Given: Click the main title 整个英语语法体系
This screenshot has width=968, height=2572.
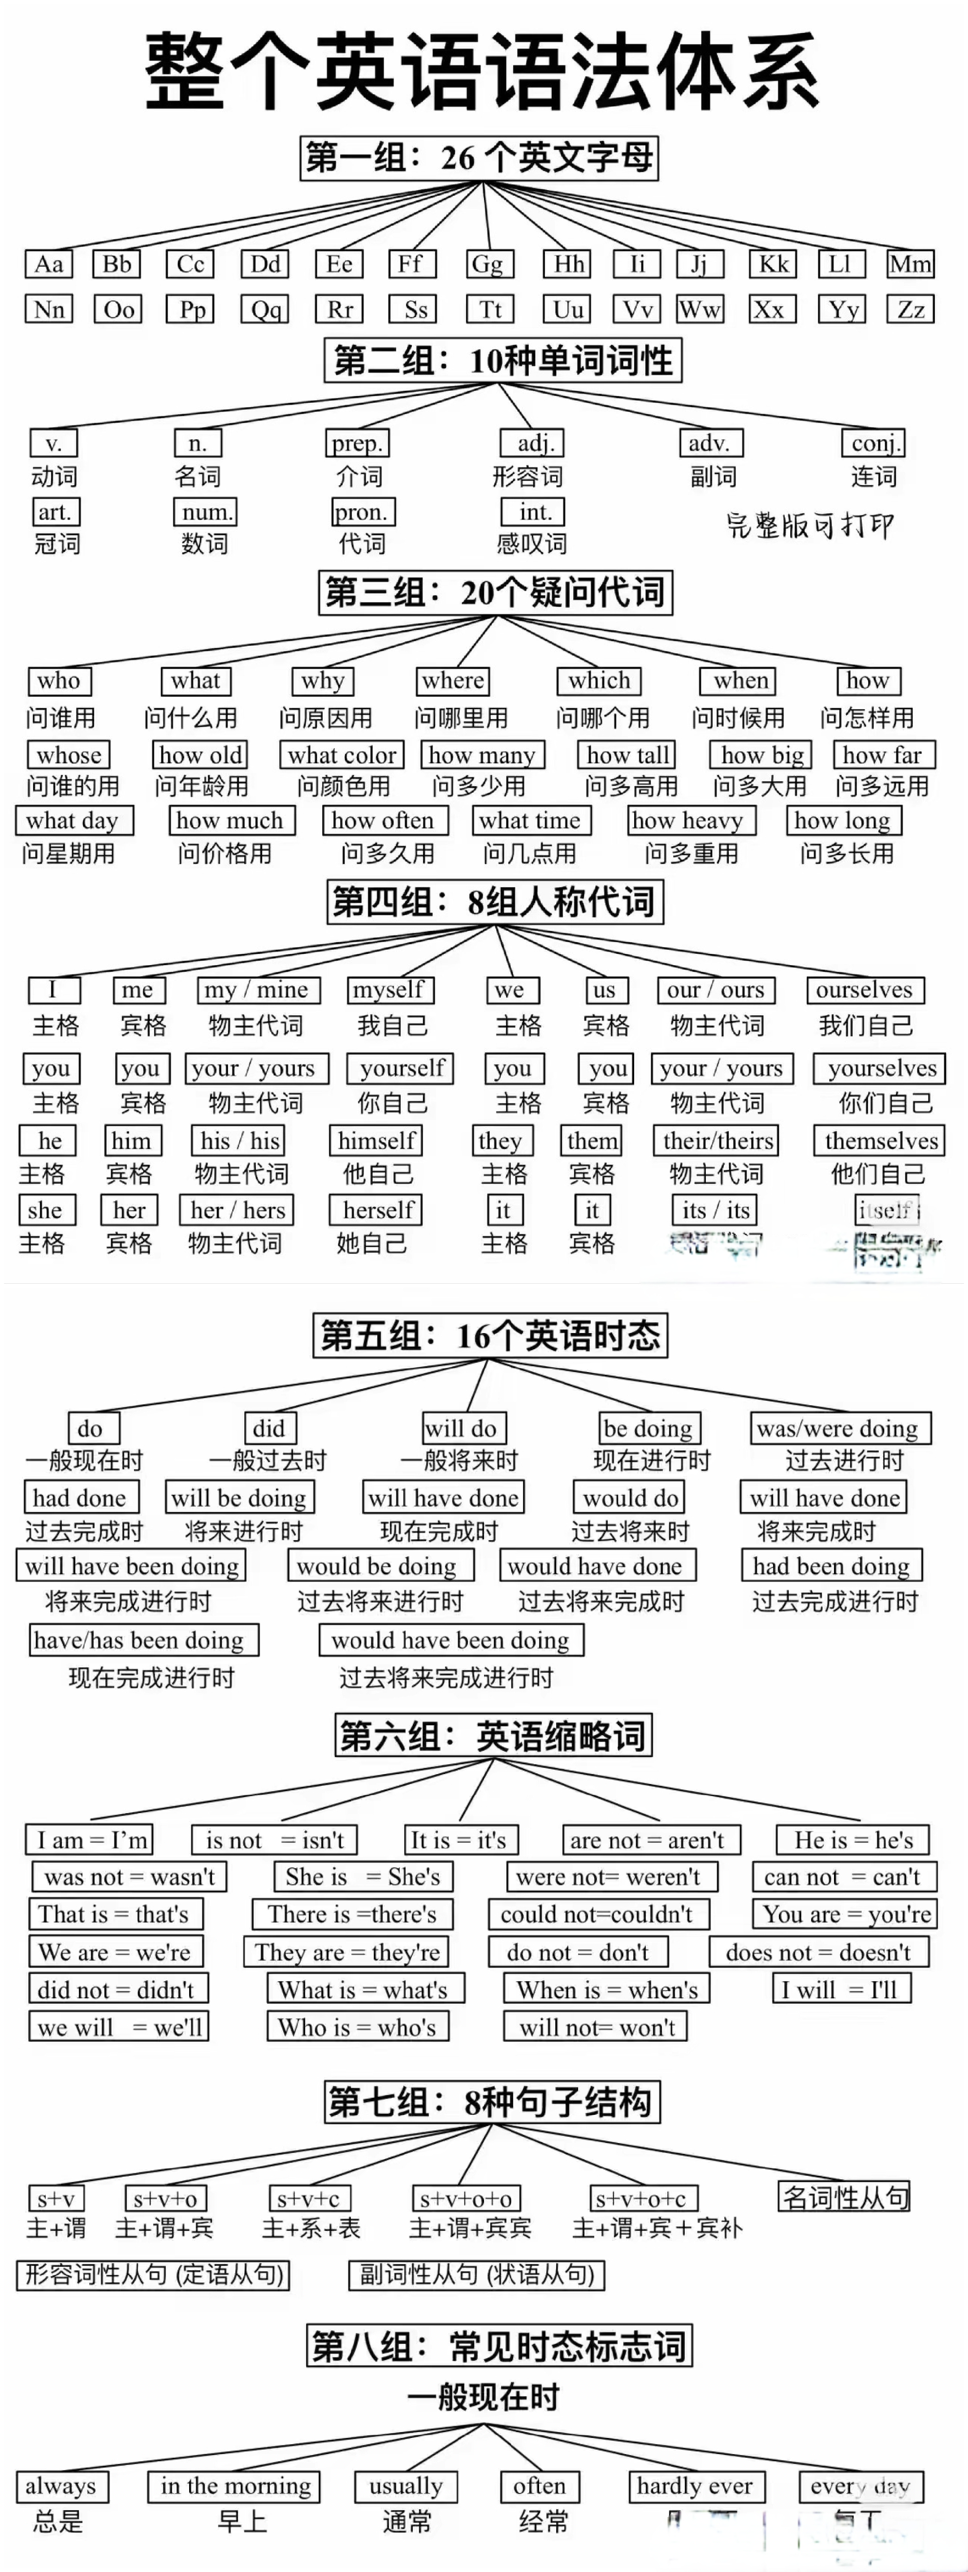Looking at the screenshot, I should (x=484, y=70).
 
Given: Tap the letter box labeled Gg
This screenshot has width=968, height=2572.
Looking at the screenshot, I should (x=487, y=265).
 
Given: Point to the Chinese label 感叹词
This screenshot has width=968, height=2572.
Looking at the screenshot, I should (x=531, y=544).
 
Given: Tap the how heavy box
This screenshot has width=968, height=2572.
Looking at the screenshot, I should (x=690, y=821).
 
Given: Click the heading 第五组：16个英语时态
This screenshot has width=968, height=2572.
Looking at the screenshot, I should (x=489, y=1335).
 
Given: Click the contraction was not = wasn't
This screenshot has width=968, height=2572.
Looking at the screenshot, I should (x=129, y=1877).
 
